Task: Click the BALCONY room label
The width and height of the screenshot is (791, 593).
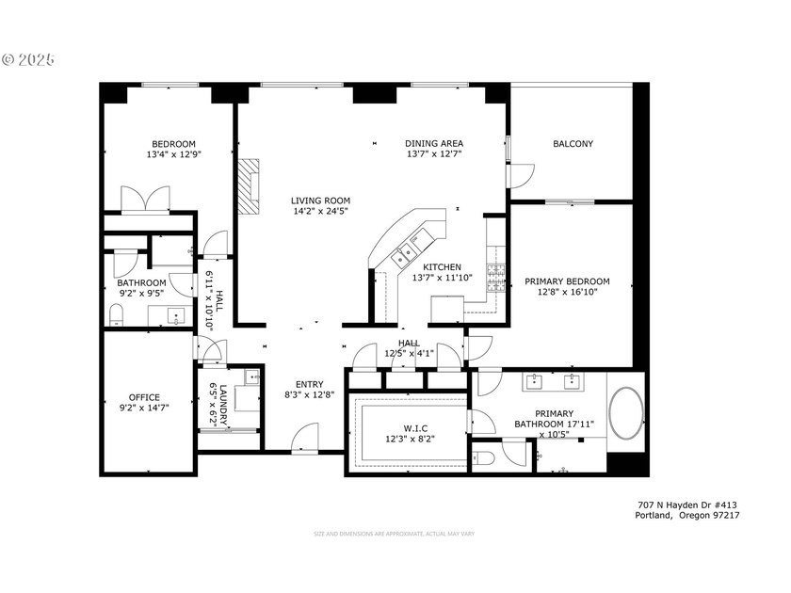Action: (573, 144)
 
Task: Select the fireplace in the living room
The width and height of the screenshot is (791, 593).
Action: (248, 189)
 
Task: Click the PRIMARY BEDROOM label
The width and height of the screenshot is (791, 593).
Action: (567, 281)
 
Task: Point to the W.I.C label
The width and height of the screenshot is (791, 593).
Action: (408, 427)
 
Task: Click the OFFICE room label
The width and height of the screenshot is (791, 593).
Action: (144, 397)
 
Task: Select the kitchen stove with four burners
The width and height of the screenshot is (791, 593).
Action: (494, 275)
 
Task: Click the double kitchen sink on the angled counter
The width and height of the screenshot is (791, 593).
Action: (409, 250)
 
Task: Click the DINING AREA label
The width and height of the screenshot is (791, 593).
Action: (434, 144)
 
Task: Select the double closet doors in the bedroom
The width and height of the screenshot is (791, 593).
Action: (145, 200)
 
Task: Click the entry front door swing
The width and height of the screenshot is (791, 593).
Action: (305, 437)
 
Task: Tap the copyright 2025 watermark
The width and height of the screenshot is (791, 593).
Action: (28, 59)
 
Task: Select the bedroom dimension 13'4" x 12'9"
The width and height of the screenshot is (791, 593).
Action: (173, 154)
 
